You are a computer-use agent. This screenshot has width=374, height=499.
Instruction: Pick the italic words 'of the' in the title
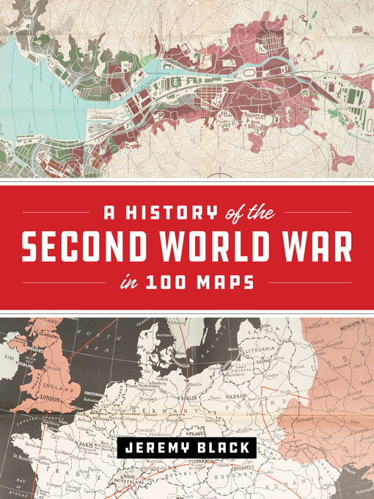tap(248, 214)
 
